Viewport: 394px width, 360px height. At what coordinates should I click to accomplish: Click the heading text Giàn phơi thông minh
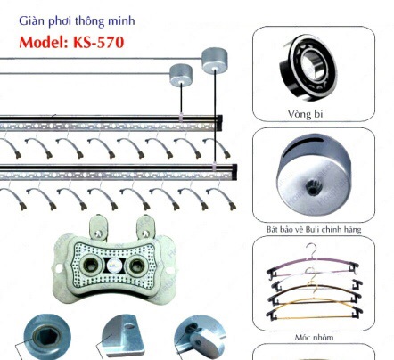(x=77, y=21)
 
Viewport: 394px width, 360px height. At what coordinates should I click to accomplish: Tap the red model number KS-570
(x=98, y=42)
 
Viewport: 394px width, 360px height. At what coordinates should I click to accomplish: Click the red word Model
(x=44, y=42)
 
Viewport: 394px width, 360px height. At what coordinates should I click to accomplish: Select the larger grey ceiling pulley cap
(x=215, y=60)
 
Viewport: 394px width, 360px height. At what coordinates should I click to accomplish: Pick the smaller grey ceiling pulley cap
(x=181, y=75)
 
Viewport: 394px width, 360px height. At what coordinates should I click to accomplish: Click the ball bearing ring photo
(x=309, y=68)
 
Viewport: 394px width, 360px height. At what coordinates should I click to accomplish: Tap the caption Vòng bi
(x=305, y=114)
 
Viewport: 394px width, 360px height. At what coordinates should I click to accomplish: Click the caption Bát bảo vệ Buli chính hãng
(x=314, y=229)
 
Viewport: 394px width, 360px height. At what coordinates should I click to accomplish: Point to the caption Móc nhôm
(x=314, y=338)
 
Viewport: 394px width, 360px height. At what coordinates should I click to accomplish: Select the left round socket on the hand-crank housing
(x=91, y=265)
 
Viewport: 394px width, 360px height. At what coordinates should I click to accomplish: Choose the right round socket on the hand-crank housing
(x=136, y=265)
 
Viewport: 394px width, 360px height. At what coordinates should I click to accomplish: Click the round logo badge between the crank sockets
(x=114, y=265)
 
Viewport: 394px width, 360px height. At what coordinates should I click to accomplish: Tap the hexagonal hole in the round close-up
(x=47, y=337)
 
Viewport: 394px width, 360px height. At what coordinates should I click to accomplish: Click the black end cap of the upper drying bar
(x=219, y=123)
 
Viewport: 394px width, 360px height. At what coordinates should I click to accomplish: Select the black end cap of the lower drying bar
(x=234, y=172)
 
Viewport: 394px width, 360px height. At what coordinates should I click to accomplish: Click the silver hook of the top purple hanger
(x=312, y=250)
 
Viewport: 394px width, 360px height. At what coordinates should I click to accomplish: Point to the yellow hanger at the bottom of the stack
(x=315, y=311)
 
